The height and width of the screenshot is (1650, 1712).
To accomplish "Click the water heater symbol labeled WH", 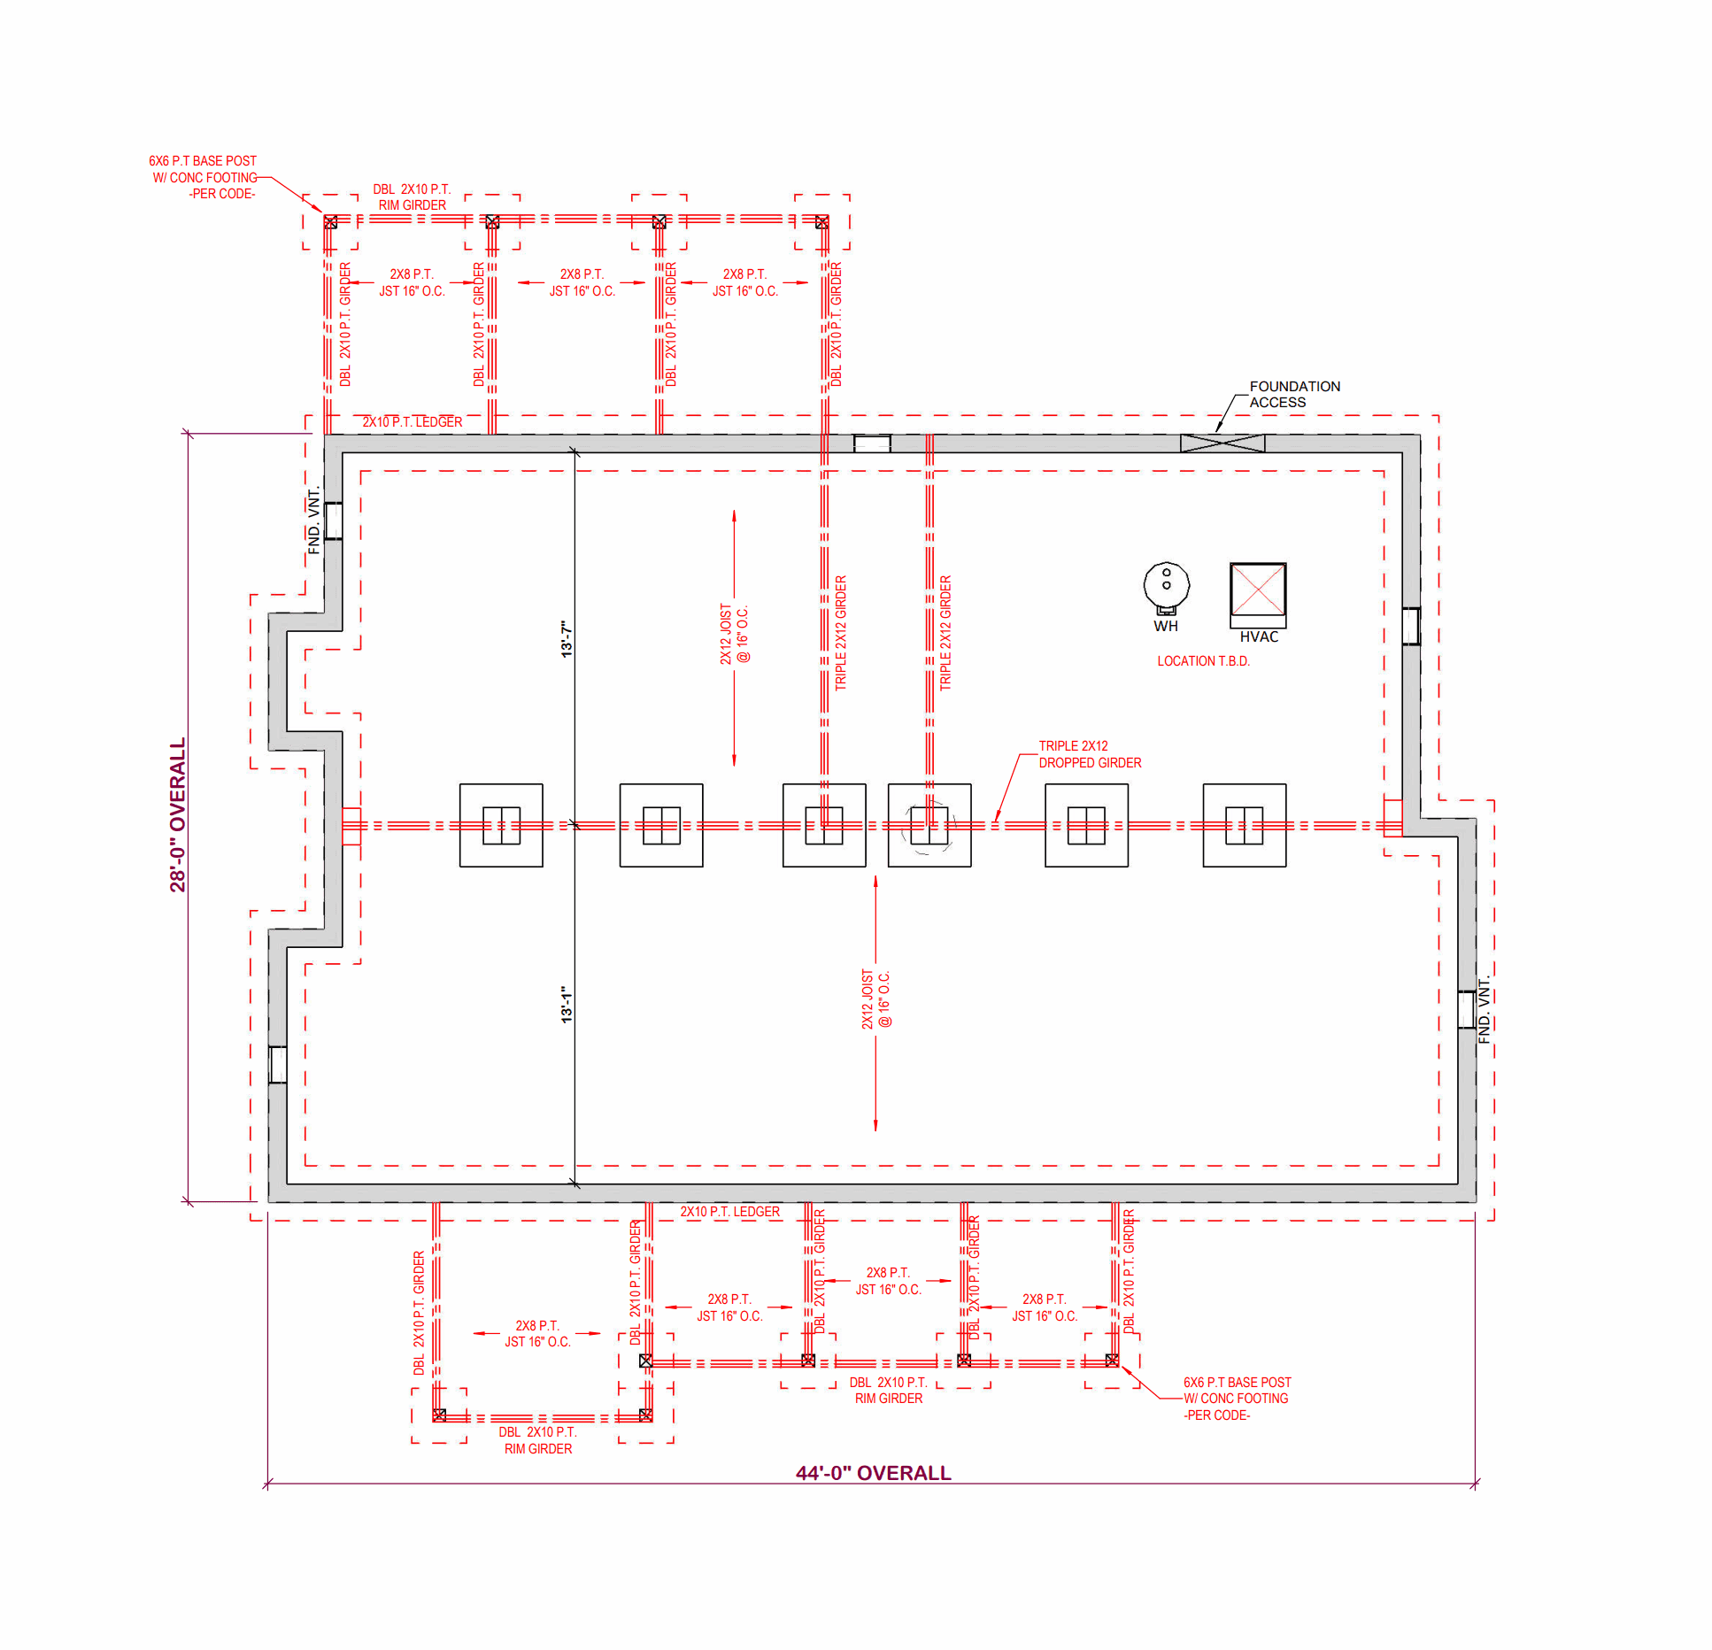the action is click(x=1166, y=587).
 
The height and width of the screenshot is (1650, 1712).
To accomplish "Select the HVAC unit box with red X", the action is click(x=1258, y=591).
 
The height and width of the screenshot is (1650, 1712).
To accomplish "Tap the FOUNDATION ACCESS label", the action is click(x=1294, y=394).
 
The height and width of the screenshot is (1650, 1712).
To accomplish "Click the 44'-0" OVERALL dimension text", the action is click(x=873, y=1473).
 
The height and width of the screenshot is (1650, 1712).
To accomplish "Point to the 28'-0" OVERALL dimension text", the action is click(x=178, y=814).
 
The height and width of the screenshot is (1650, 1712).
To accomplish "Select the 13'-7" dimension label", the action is click(x=567, y=638).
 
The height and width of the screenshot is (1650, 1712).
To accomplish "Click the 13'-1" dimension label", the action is click(x=567, y=1005).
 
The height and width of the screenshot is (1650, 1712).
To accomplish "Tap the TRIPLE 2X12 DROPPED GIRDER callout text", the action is click(x=1090, y=754).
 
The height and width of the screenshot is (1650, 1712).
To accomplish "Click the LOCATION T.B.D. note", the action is click(x=1203, y=661).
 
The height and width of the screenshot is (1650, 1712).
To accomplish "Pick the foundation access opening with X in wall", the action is click(x=1222, y=443).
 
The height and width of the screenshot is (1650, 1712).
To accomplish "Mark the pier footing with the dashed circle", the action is click(x=929, y=825).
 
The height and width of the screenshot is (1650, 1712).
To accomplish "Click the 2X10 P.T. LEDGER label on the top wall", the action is click(x=413, y=422).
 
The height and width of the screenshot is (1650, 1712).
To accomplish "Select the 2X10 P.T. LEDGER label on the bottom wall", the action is click(x=730, y=1212).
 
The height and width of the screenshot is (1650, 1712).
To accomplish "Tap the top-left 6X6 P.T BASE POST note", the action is click(x=204, y=177).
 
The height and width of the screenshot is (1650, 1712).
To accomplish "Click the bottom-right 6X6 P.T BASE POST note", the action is click(x=1237, y=1399).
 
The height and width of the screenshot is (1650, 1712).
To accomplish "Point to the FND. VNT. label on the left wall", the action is click(x=313, y=520).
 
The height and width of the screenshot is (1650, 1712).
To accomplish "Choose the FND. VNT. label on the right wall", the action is click(x=1485, y=1010).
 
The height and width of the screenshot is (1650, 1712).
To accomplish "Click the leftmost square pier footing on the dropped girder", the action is click(x=501, y=825).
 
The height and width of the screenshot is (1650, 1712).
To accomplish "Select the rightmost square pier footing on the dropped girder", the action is click(x=1244, y=825).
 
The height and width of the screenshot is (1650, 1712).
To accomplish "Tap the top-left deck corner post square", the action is click(x=330, y=222).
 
